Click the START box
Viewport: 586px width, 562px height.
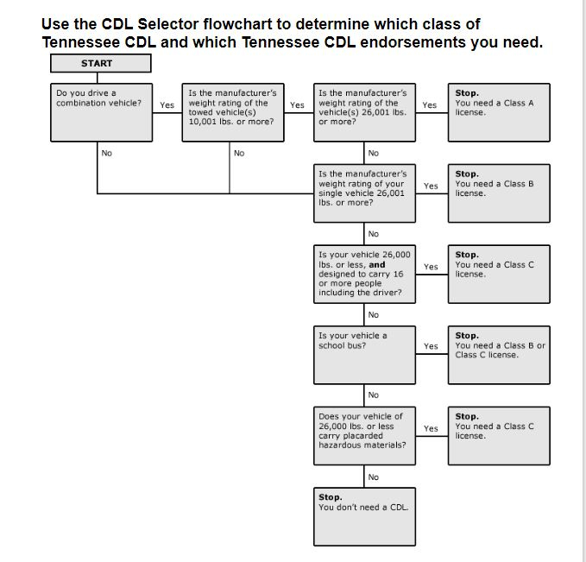(100, 63)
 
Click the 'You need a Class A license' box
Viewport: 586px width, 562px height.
(499, 111)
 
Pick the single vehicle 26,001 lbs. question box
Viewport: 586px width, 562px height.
(365, 193)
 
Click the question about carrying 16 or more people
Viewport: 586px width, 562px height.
(365, 274)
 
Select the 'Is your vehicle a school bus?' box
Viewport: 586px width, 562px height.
(365, 355)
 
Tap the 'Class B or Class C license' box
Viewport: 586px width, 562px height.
(499, 355)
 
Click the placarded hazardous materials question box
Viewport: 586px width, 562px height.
(365, 435)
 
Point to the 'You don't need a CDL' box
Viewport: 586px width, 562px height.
(365, 508)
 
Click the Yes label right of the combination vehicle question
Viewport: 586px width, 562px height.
(167, 105)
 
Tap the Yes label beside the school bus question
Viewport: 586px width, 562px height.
(431, 347)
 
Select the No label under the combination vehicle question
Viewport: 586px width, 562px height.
(107, 153)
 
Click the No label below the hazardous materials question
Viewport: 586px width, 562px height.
(373, 477)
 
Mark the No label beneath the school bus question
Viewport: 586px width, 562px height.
(373, 395)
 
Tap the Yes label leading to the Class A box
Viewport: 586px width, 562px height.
(430, 105)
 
